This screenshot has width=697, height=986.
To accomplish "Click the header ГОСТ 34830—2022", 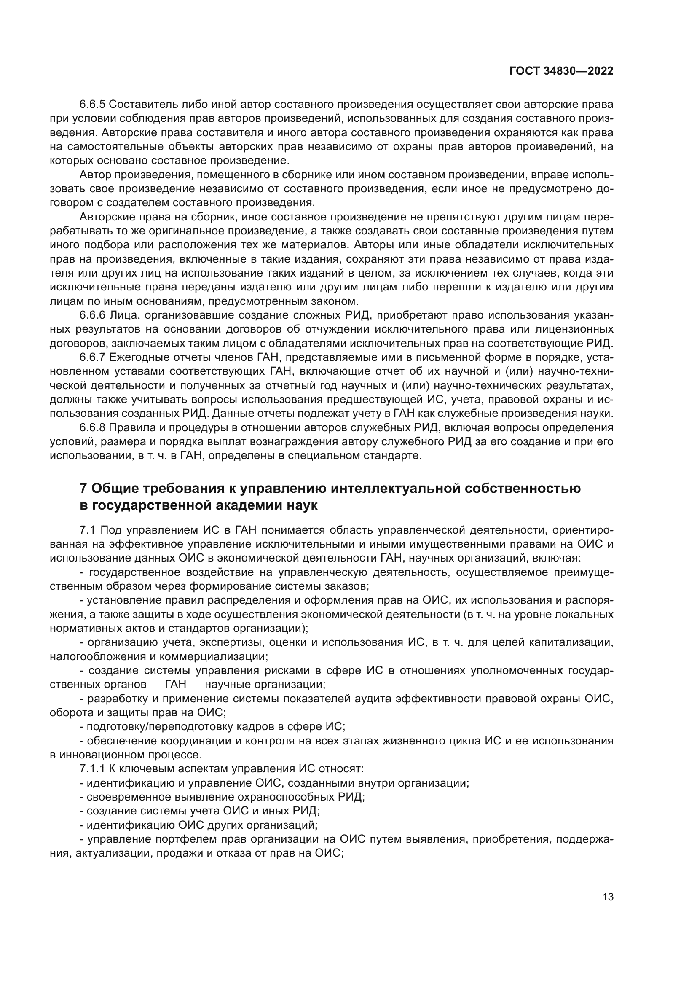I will click(x=561, y=71).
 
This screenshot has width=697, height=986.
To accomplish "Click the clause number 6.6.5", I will click(x=92, y=105).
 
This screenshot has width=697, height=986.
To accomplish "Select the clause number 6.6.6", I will click(x=92, y=315).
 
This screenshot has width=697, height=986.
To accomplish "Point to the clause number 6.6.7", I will click(x=92, y=357).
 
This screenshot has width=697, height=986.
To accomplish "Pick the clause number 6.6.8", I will click(x=92, y=428).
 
